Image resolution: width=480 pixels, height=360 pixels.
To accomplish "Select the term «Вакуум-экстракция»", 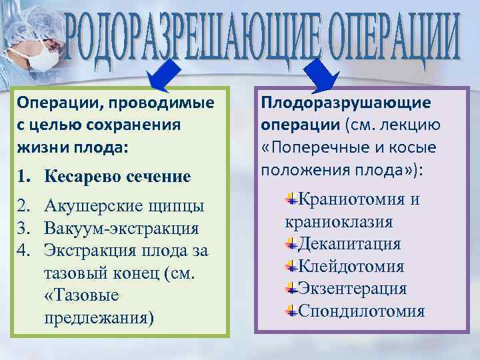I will [x=121, y=229].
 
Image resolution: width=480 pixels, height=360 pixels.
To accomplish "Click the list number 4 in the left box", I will [x=26, y=251].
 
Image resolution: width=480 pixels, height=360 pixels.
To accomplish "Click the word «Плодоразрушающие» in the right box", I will [x=346, y=103].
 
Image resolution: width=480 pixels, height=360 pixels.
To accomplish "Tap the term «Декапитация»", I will [x=349, y=244].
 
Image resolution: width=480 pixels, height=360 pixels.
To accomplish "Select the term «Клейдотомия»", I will [x=351, y=267].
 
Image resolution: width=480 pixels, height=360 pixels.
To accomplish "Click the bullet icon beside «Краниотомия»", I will [x=291, y=199].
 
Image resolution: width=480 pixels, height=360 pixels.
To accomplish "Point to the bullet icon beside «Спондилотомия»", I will [x=291, y=311].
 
